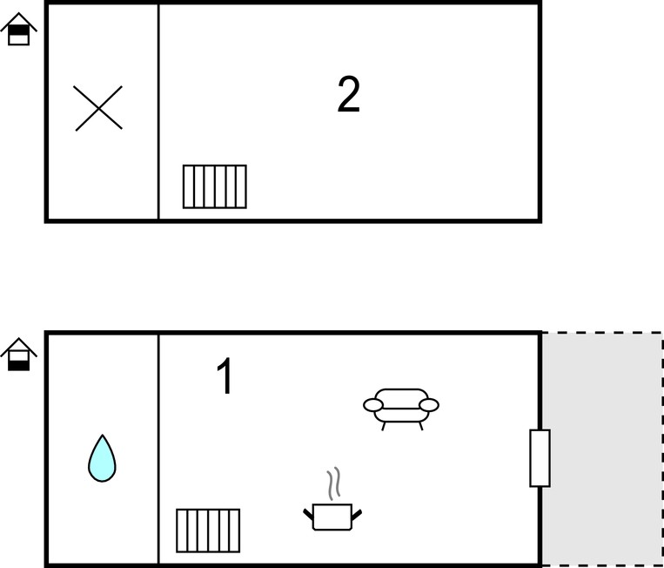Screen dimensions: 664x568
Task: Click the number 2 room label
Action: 348,95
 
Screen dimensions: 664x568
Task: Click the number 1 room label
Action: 225,376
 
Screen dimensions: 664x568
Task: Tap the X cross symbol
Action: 98,108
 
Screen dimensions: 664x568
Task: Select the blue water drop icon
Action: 102,458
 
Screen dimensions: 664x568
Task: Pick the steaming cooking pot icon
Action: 332,499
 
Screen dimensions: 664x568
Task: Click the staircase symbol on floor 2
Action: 215,186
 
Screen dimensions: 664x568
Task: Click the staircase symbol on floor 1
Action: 208,531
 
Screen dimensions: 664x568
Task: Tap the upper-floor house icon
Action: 18,29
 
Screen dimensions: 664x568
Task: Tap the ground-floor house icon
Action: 18,355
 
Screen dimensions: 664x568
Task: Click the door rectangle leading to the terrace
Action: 540,457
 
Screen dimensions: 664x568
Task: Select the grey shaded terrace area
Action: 602,450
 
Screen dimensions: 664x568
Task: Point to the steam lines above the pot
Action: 333,483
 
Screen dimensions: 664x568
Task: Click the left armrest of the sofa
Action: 373,405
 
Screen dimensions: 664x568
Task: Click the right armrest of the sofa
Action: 429,405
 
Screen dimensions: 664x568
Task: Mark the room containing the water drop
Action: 102,450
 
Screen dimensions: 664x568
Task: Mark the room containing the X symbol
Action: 102,112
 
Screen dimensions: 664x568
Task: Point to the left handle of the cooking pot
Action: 308,514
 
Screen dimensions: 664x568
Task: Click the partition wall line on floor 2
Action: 158,112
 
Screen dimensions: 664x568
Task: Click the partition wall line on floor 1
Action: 158,450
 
